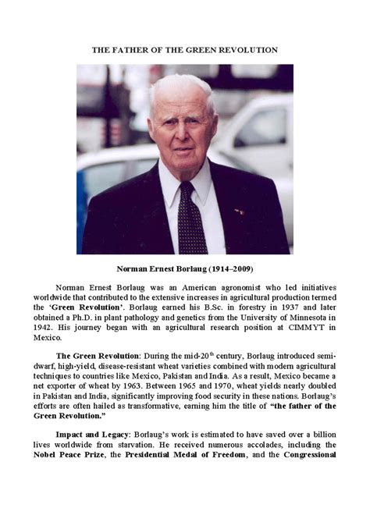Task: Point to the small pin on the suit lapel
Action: coord(238,211)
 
